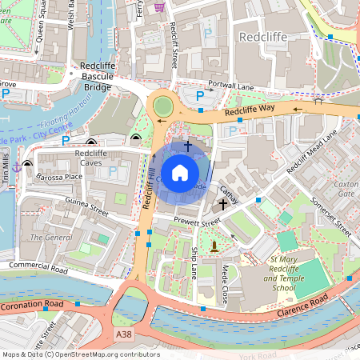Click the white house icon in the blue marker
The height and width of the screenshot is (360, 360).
coord(180,173)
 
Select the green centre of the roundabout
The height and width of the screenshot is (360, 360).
coord(163,106)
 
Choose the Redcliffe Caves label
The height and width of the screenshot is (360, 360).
coord(90,158)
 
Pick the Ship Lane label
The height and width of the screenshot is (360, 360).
coord(194,262)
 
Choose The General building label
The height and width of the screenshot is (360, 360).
coord(50,238)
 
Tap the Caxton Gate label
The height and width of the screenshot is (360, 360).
coord(346,188)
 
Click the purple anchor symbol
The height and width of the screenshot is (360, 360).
coord(15,165)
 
